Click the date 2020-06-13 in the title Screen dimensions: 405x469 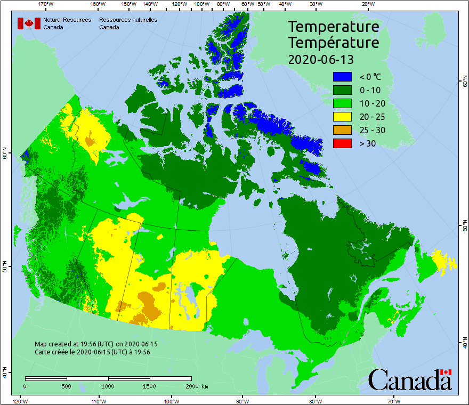coord(321,59)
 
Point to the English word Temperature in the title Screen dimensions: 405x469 coord(334,27)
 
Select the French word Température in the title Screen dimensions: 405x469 coord(334,42)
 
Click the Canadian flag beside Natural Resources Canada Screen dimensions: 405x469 coord(29,23)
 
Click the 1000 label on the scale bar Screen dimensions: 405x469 coord(108,386)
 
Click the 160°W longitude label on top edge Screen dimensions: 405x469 coord(97,4)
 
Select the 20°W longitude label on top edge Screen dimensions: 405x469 coord(367,4)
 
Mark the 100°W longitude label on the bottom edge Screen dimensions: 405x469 coord(171,401)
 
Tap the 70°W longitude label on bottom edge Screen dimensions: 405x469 coord(394,401)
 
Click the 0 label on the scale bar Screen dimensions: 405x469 coord(25,386)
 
